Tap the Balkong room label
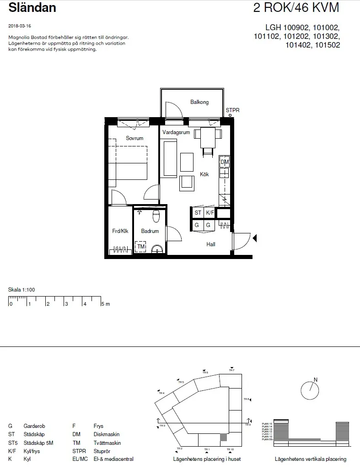199,102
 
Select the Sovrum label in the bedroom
134,138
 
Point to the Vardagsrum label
176,132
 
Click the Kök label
204,174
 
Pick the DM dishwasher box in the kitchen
224,162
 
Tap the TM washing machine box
141,247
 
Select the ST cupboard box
198,213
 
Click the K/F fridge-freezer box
210,213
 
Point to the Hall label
210,244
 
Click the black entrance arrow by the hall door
255,238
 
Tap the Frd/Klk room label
120,231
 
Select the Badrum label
150,231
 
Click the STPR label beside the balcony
232,110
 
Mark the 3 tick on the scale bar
66,304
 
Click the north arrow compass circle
310,390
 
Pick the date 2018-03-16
20,26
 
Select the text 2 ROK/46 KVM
296,8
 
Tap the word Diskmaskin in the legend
105,434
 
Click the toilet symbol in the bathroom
156,214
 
